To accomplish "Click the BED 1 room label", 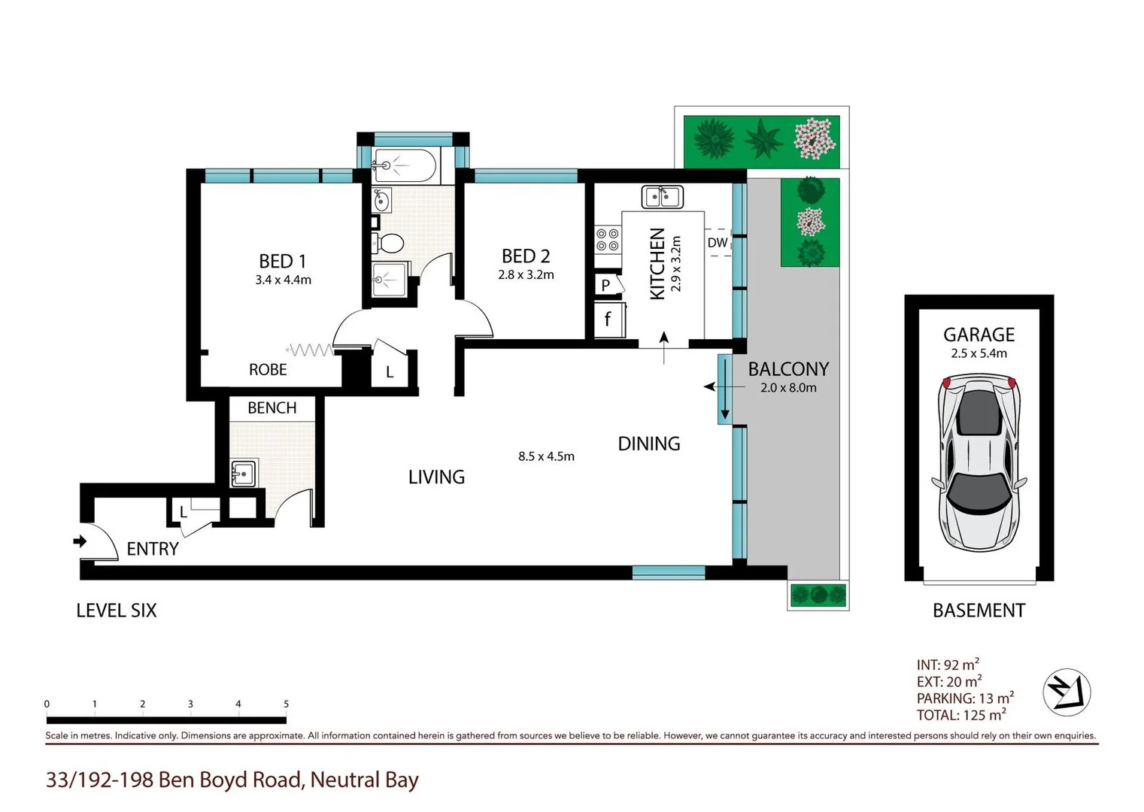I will [x=282, y=261].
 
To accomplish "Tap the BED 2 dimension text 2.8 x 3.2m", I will [x=526, y=275].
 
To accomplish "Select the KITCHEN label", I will [x=657, y=264].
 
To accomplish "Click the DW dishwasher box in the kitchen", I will [x=718, y=242].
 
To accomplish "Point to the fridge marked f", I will [x=607, y=320].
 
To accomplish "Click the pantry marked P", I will [x=605, y=285].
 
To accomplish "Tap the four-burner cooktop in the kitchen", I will [x=608, y=240].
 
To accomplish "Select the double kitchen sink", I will [x=662, y=197].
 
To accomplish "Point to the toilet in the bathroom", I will [x=389, y=243].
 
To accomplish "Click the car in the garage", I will [x=978, y=464].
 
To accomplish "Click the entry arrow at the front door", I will [x=79, y=541].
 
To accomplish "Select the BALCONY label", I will [x=787, y=369].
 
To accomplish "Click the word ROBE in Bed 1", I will [x=268, y=370].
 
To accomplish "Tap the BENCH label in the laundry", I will [x=272, y=408].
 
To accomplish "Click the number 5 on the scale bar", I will [x=286, y=704].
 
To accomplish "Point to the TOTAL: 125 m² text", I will [x=960, y=715].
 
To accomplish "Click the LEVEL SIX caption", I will [x=117, y=611].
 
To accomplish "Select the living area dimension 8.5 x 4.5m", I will [x=546, y=456].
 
